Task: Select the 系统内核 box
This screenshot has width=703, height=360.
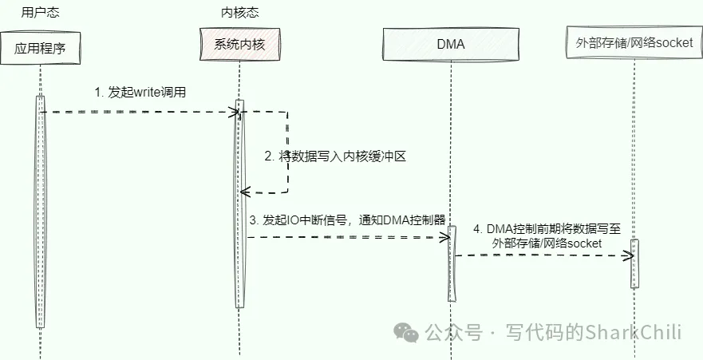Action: tap(239, 45)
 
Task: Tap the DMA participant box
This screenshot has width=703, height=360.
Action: tap(451, 44)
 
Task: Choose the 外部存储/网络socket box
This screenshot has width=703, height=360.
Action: tap(634, 44)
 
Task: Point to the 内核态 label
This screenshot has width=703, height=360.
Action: tap(239, 12)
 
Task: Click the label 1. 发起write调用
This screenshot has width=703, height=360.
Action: tap(140, 92)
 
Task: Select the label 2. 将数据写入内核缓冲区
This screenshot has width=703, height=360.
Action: tap(336, 156)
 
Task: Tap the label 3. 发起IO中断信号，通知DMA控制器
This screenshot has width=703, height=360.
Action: tap(346, 220)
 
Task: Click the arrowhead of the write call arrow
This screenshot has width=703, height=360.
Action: tap(235, 113)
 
